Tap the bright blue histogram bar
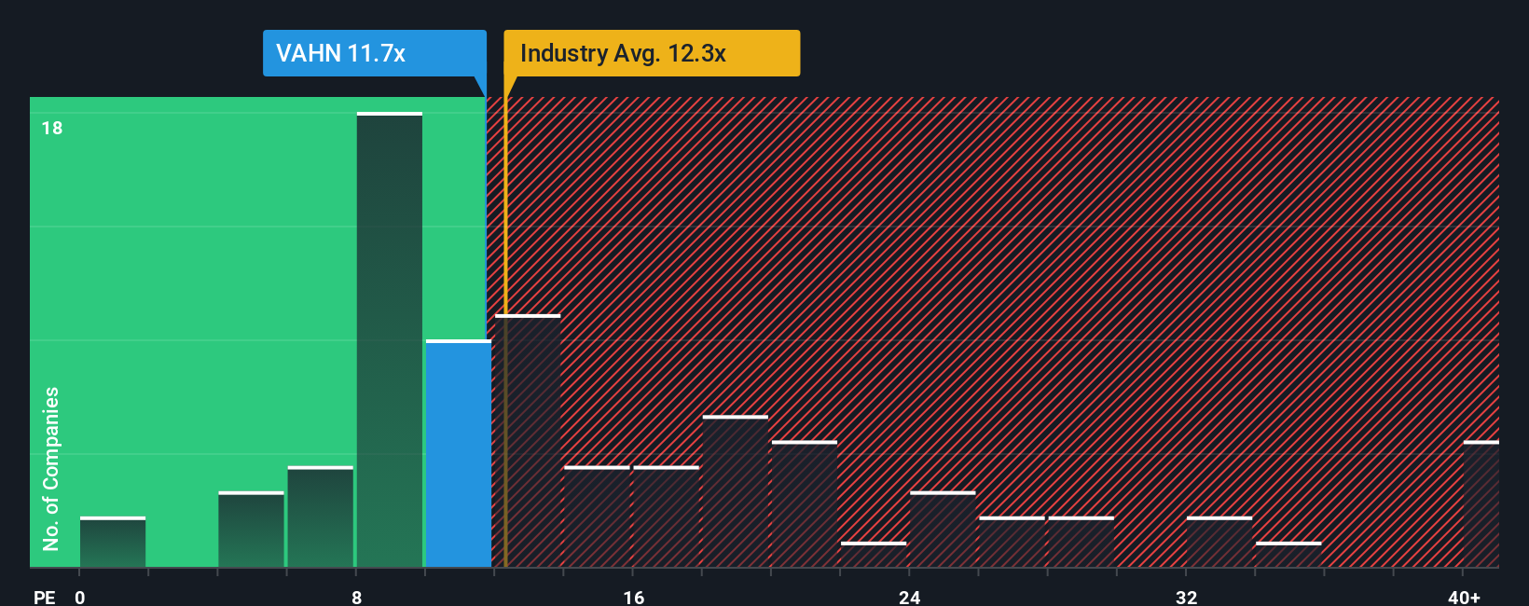pos(459,453)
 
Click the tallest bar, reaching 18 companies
pos(390,340)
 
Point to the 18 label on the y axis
pos(52,128)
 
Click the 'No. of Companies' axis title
pos(51,468)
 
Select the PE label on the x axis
pos(44,597)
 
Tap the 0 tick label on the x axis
pos(80,597)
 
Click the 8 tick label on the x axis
pos(356,597)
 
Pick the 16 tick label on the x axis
pos(633,597)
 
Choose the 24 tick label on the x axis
pos(910,597)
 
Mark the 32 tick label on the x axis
pos(1186,597)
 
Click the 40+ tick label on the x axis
pos(1464,597)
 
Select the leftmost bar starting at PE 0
pos(113,543)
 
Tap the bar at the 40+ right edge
pos(1481,504)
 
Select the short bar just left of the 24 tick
pos(873,555)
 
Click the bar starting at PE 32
pos(1219,543)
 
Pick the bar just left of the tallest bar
pos(321,516)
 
